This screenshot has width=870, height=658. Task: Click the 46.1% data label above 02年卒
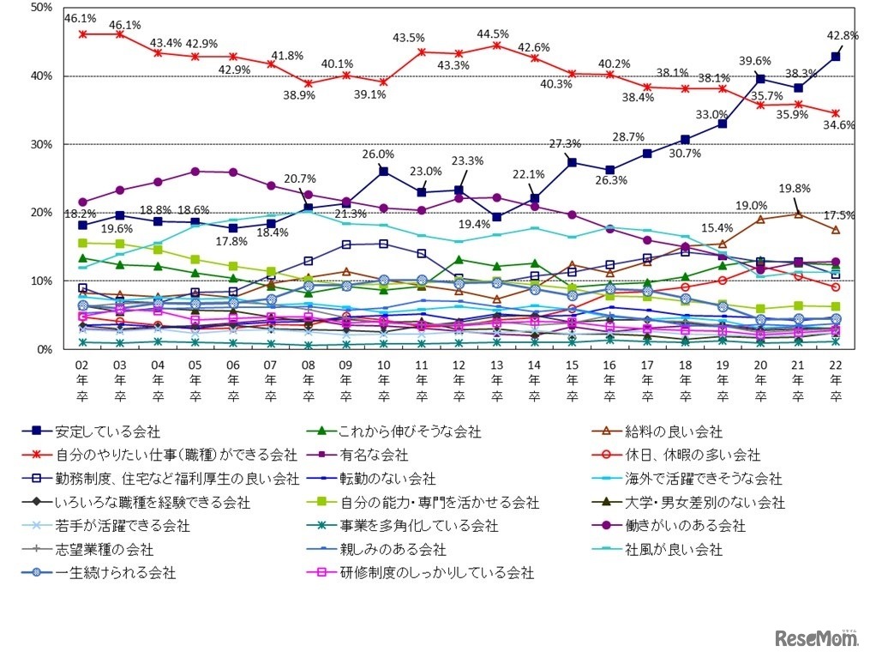click(x=80, y=17)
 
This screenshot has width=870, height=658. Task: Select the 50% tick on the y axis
click(x=40, y=8)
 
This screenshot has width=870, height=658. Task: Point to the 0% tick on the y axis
click(x=44, y=349)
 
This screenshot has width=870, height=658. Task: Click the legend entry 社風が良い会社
click(x=683, y=548)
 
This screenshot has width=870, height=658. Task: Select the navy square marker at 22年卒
click(x=835, y=57)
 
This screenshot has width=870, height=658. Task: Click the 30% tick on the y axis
click(x=40, y=144)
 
